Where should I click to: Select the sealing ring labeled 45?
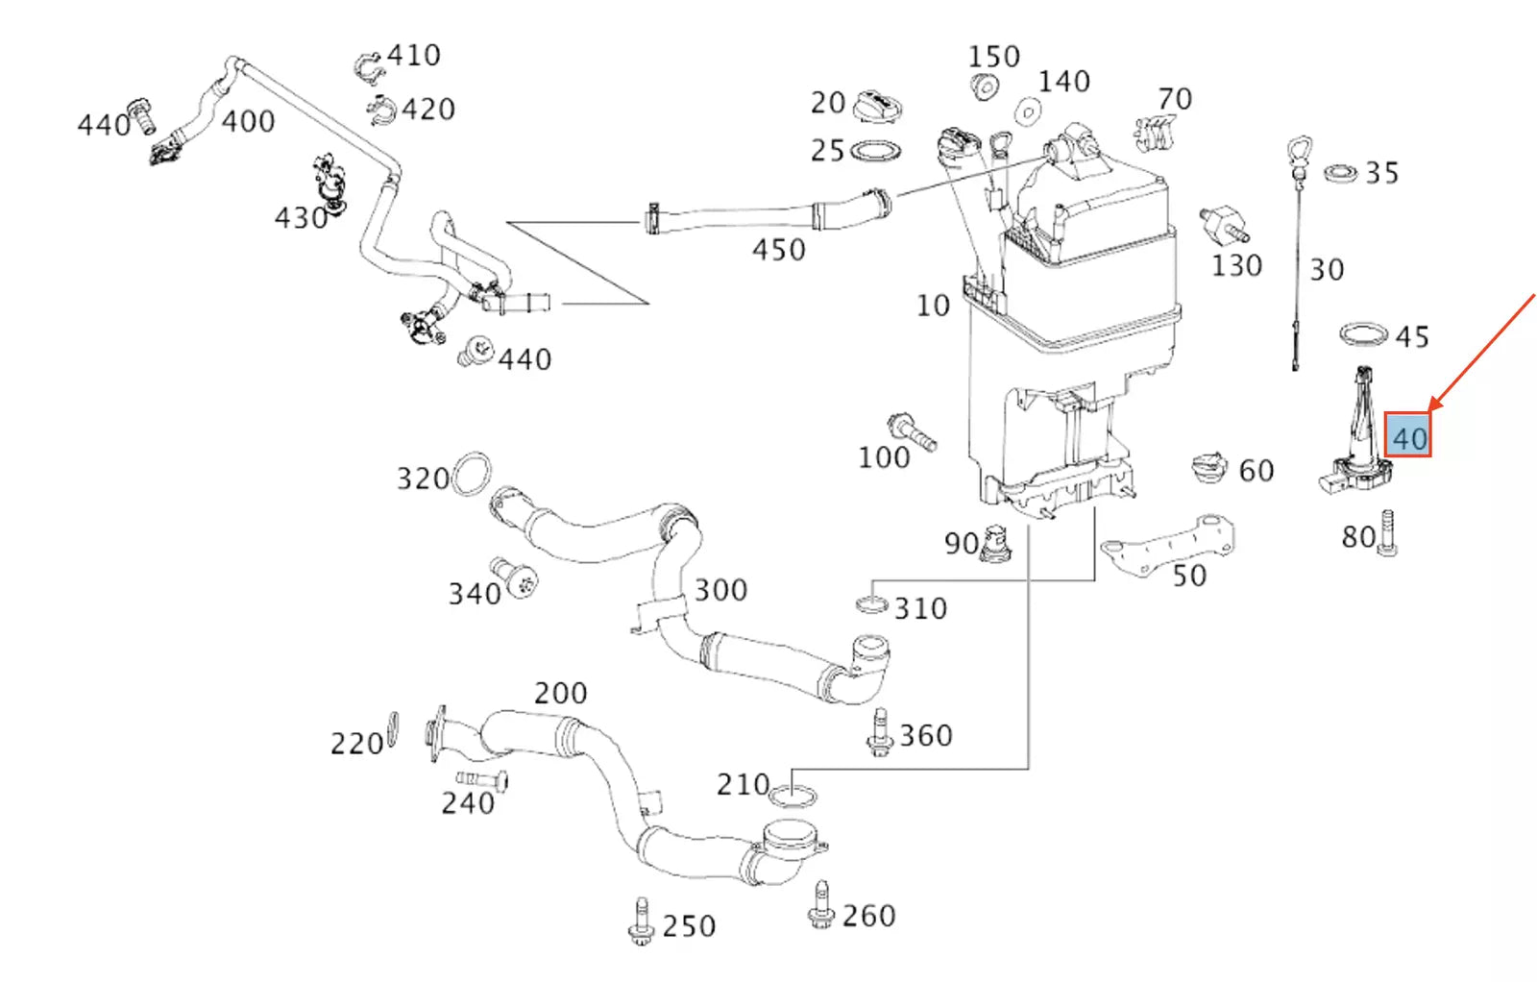(1364, 334)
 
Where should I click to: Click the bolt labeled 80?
(1388, 533)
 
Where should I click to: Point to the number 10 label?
(932, 306)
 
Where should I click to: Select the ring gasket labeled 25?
(876, 151)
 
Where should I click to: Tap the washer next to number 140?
(1028, 112)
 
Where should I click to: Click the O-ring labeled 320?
(472, 475)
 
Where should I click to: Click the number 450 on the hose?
(778, 250)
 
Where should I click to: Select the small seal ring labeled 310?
(871, 604)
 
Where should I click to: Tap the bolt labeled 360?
(879, 734)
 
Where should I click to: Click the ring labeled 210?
(793, 797)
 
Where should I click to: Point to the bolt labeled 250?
(641, 922)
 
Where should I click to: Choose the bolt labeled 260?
(819, 906)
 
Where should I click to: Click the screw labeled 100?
(912, 431)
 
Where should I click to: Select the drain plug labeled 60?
(1209, 468)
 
